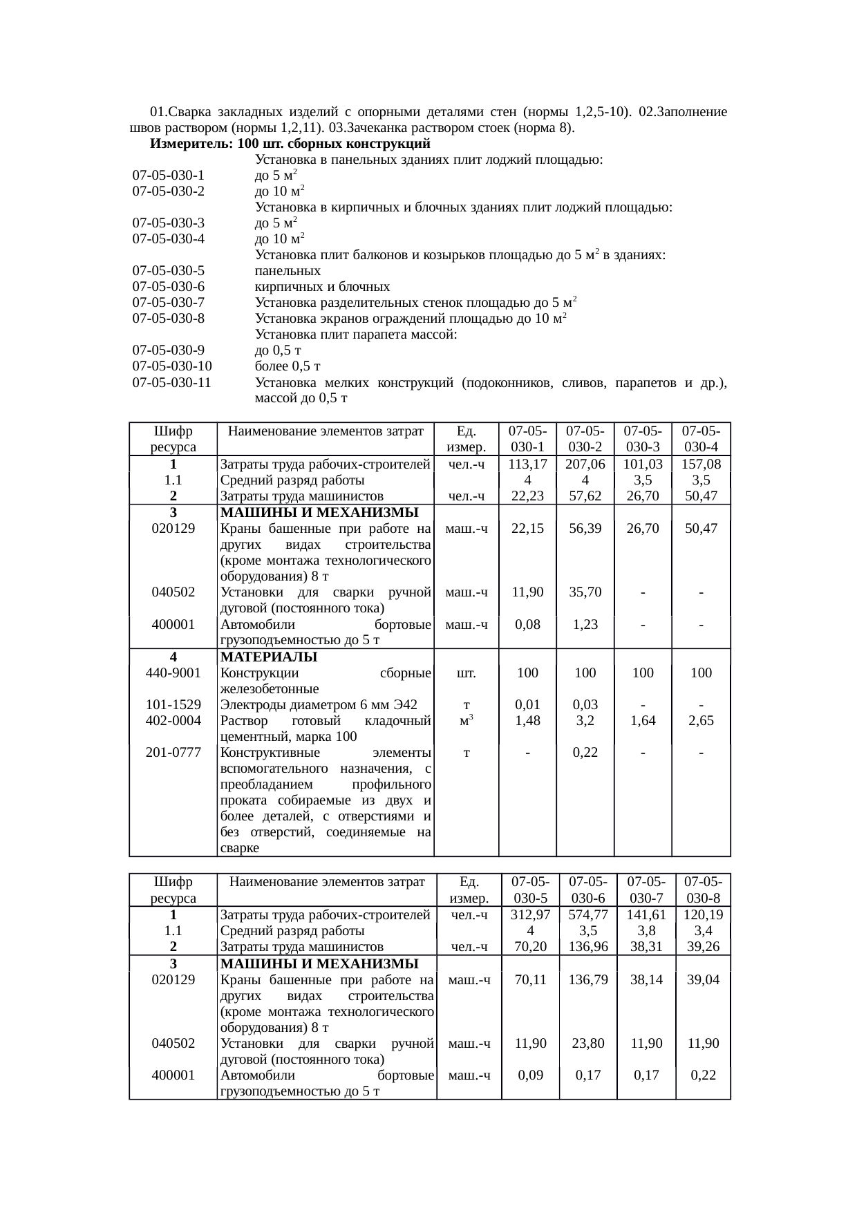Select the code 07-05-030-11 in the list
172,382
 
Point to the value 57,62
585,496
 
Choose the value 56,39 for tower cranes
585,528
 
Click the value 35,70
585,592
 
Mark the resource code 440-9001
173,673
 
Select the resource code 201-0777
173,752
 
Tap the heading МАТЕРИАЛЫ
269,657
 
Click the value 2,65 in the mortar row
701,720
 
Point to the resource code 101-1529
173,705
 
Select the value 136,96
587,947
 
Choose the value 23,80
587,1043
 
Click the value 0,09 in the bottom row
530,1075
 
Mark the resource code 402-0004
173,720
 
